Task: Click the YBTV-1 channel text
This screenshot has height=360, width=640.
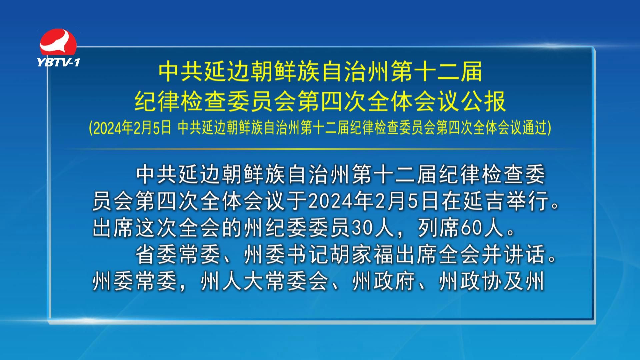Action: [58, 62]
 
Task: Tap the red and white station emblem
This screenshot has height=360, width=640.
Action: [58, 42]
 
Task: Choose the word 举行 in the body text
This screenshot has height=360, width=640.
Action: [526, 201]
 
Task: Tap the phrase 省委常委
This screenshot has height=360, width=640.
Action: [178, 255]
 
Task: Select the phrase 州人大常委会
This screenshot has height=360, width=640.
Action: [265, 282]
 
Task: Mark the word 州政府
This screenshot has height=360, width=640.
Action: [384, 282]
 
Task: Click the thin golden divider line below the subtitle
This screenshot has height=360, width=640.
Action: [320, 149]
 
